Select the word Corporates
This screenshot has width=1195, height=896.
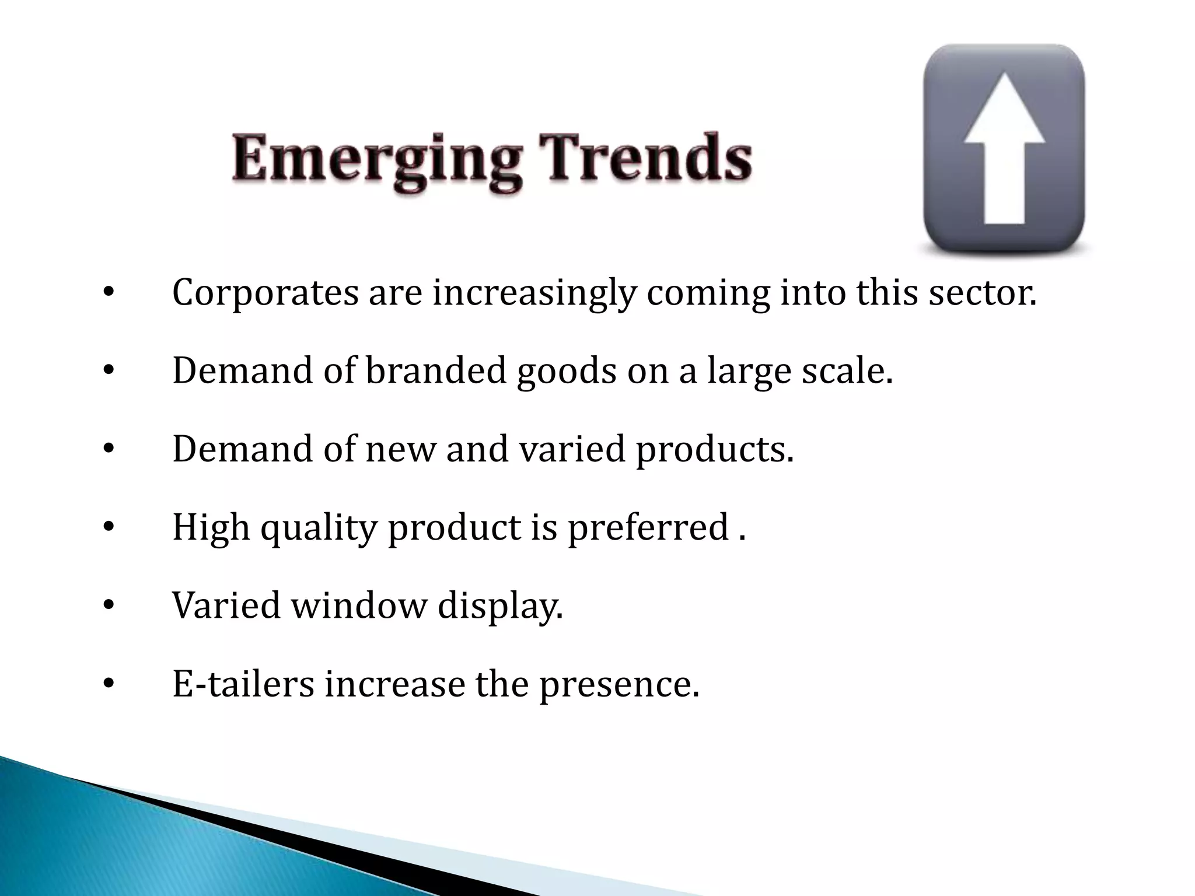click(265, 293)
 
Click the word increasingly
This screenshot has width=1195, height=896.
click(533, 294)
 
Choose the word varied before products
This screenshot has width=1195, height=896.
click(572, 449)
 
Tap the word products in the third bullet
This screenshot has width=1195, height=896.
click(715, 450)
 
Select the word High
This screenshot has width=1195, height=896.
click(211, 528)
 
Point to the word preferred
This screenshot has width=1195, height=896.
click(648, 528)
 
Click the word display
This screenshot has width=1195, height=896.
click(500, 607)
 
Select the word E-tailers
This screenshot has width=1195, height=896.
click(243, 684)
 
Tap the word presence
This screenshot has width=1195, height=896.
click(619, 685)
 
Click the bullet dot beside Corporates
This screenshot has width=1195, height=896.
click(108, 293)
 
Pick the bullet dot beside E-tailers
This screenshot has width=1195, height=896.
click(108, 684)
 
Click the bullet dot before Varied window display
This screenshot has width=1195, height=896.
click(108, 605)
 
